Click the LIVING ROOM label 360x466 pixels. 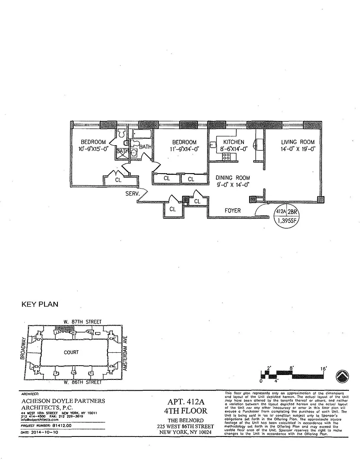click(x=298, y=142)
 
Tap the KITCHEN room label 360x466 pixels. click(x=234, y=142)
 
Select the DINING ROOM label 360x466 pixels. click(x=232, y=178)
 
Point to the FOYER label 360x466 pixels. click(x=233, y=210)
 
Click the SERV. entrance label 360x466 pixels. click(x=132, y=194)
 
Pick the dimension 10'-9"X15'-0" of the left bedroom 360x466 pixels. click(x=93, y=148)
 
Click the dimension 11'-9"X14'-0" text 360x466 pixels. click(x=184, y=148)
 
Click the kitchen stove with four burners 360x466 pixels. click(x=226, y=156)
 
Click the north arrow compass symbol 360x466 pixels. click(x=343, y=376)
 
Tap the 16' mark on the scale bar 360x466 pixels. click(x=323, y=369)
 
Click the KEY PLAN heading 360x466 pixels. click(x=40, y=305)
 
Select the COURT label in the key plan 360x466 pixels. click(x=71, y=352)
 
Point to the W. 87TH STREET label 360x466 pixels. click(x=83, y=322)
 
